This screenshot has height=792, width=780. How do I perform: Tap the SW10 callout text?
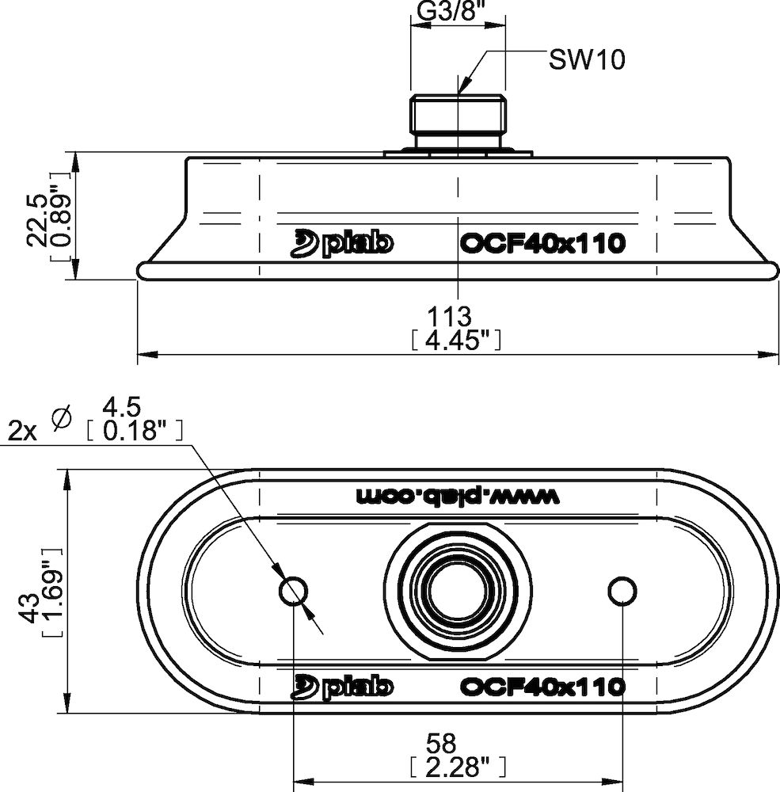coord(586,60)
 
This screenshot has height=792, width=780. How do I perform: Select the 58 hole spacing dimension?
coord(441,744)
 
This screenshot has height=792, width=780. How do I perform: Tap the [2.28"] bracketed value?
coord(457,766)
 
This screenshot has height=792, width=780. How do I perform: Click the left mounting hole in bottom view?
coord(295,590)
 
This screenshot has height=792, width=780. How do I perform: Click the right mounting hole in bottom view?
coord(622,590)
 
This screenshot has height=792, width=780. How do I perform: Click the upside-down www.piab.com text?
coord(458,496)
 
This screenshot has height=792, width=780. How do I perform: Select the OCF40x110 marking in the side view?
coord(542,244)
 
